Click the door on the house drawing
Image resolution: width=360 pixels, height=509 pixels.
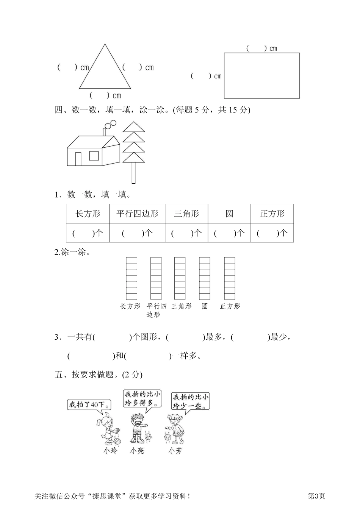tap(78, 159)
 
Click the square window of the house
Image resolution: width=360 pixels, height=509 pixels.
tap(94, 155)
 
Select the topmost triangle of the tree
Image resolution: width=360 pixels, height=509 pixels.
tap(134, 127)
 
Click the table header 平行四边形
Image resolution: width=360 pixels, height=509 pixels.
tap(137, 214)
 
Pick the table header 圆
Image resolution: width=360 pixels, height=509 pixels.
tap(229, 214)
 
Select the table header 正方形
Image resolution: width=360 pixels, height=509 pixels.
tap(272, 214)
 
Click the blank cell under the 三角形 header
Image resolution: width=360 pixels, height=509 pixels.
tap(186, 233)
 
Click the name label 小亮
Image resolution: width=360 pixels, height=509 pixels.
tap(137, 451)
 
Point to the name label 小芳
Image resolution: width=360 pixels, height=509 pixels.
tap(175, 451)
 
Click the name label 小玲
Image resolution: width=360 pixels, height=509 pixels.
tap(110, 451)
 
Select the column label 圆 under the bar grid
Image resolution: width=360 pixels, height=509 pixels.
tap(205, 306)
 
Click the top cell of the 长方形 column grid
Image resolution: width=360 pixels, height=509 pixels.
tap(131, 260)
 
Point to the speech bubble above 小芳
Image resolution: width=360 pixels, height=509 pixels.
tap(191, 401)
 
